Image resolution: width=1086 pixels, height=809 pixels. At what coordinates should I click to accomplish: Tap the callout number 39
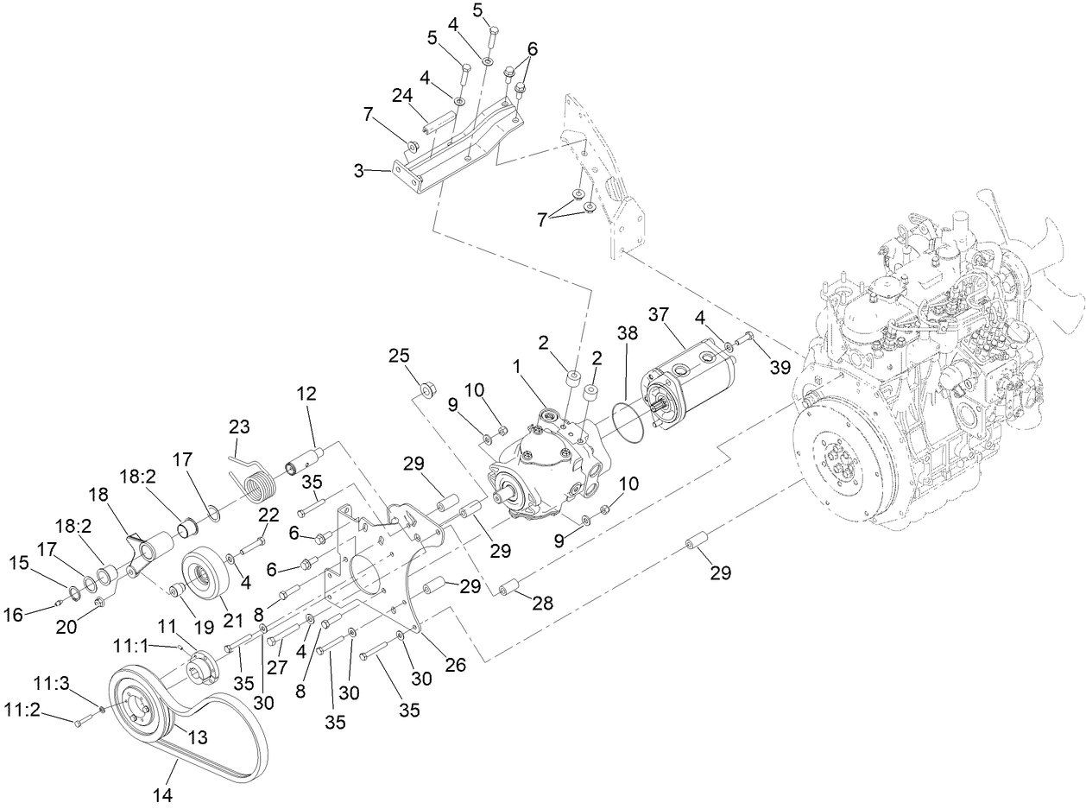pos(780,367)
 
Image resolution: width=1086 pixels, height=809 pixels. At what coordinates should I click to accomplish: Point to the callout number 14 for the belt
pos(164,793)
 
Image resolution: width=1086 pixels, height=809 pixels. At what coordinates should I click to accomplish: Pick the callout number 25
pos(398,356)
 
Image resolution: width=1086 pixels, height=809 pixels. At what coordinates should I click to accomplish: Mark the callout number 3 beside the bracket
pos(357,171)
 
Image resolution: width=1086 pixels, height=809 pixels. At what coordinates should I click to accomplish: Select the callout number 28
pos(542,602)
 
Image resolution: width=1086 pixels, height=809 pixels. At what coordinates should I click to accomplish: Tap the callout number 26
pos(455,666)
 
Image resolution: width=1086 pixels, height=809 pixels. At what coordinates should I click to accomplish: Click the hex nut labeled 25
pos(426,392)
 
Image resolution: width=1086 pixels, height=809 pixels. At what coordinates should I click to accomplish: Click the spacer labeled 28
pos(508,587)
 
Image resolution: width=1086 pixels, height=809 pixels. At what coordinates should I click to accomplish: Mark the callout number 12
pos(306,393)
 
